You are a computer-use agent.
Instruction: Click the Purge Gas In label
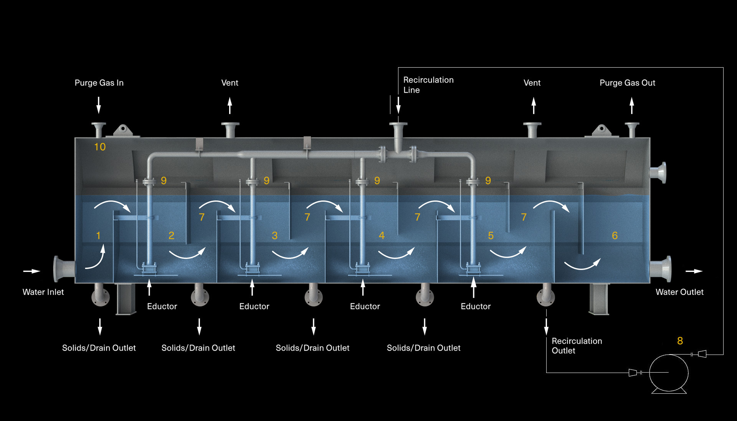pos(99,83)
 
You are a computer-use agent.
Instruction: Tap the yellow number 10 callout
pos(100,147)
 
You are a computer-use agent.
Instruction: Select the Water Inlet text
pos(43,292)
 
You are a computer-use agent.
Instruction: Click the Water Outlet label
pos(679,292)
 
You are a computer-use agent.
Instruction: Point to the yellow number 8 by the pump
pos(680,341)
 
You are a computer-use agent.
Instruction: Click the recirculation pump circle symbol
pos(669,373)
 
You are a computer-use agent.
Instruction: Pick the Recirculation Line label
pos(428,85)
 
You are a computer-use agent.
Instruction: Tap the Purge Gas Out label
pos(627,83)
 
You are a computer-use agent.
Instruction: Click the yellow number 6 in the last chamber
pos(615,235)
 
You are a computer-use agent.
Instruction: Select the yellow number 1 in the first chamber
pos(98,235)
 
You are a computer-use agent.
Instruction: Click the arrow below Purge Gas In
pos(99,105)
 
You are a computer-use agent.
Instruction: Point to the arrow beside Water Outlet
pos(694,271)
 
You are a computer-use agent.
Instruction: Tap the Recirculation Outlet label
pos(577,346)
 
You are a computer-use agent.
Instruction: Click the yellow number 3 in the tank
pos(274,235)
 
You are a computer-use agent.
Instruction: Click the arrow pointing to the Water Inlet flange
pos(32,271)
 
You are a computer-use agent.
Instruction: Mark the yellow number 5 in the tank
pos(491,235)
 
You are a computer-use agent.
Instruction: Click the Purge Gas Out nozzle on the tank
pos(632,129)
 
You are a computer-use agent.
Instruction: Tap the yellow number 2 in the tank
pos(171,235)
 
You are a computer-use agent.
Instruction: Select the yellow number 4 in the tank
pos(382,235)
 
